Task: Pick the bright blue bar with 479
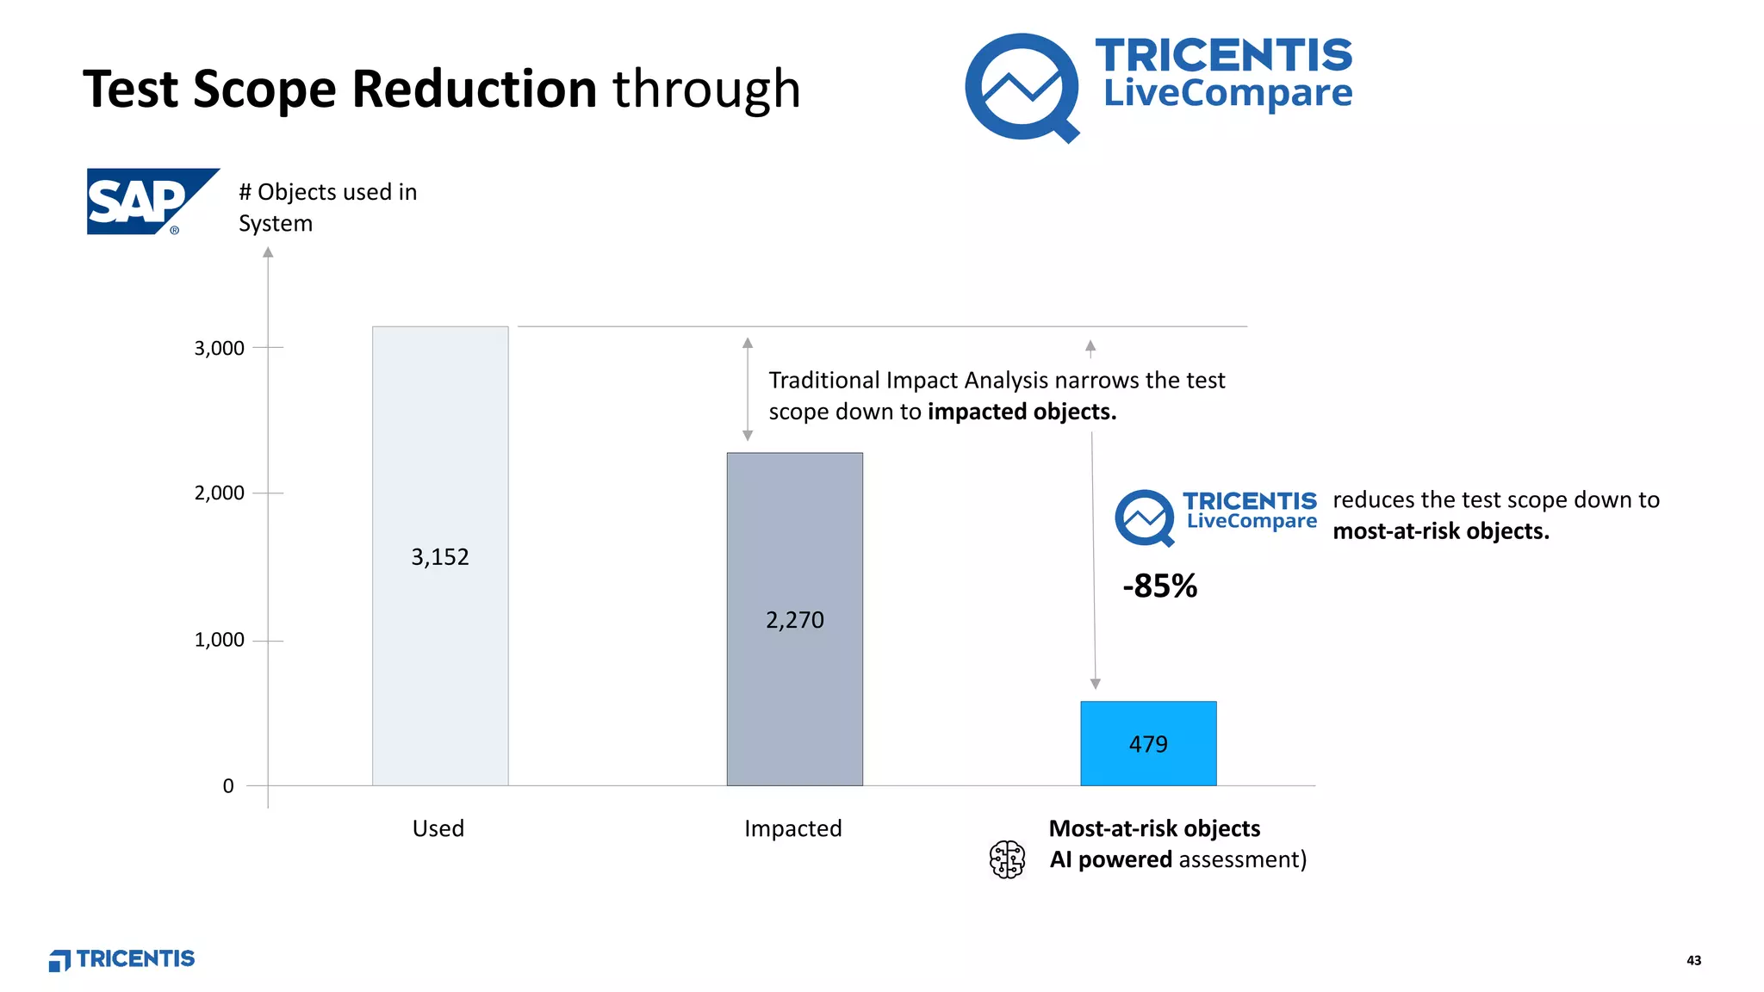1148,743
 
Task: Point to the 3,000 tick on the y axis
219,348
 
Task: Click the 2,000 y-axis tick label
219,493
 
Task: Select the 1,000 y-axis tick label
219,640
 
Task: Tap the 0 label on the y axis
228,785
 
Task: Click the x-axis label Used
438,828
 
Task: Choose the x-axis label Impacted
792,828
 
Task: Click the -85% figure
1159,586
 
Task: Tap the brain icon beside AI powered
1007,859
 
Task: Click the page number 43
1693,960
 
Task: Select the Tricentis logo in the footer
122,959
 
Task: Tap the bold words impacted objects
1022,412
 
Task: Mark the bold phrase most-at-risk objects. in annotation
1440,531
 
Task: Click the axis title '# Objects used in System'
327,207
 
